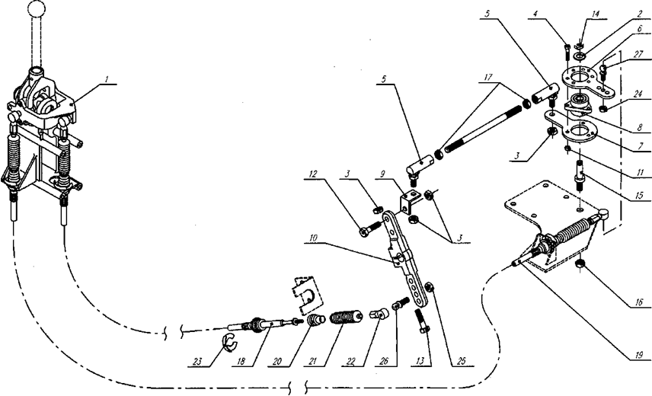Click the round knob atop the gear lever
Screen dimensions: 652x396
click(36, 8)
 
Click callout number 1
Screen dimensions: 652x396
click(107, 79)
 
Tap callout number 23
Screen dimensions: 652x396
click(197, 361)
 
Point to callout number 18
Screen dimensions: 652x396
click(241, 361)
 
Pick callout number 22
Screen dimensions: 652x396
click(350, 361)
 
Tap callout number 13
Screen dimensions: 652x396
click(420, 361)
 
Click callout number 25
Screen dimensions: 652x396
click(461, 361)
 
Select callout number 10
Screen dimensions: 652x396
click(314, 238)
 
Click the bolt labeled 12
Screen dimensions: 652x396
click(370, 228)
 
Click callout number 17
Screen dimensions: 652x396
click(488, 77)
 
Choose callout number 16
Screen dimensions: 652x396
click(639, 302)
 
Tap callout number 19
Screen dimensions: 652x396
click(639, 354)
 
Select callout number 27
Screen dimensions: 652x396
click(638, 54)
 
